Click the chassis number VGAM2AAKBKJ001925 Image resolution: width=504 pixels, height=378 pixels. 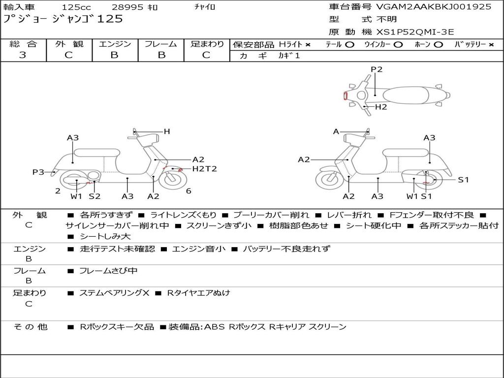click(x=434, y=7)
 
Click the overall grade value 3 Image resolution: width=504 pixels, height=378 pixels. click(x=23, y=55)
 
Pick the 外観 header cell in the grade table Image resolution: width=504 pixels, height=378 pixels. click(x=69, y=44)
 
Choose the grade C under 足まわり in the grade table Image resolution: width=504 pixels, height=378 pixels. click(x=206, y=55)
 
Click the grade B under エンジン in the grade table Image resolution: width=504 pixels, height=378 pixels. click(x=115, y=55)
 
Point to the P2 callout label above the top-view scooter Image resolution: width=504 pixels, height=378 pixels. click(x=377, y=69)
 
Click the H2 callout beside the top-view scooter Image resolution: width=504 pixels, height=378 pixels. click(x=381, y=107)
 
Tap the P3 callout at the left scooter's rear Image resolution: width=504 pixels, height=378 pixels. click(x=38, y=172)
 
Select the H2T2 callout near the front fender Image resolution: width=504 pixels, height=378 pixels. click(x=204, y=169)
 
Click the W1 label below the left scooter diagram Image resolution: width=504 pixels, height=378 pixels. click(x=76, y=196)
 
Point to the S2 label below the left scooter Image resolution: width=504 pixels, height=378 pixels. click(x=94, y=196)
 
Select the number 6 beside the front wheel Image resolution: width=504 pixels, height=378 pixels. click(x=189, y=191)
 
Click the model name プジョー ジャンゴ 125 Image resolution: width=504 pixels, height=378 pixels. click(x=63, y=19)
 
